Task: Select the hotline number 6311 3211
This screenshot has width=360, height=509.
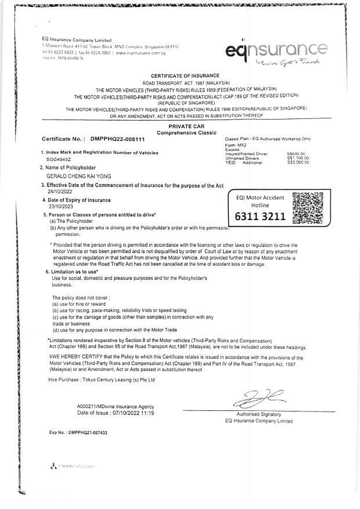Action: tap(260, 216)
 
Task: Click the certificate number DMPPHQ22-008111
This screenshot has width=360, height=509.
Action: tap(118, 139)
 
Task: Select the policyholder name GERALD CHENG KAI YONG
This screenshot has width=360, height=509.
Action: tap(78, 176)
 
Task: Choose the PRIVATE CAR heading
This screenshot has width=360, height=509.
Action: tap(185, 126)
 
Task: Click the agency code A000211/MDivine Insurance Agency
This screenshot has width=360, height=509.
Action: tap(116, 406)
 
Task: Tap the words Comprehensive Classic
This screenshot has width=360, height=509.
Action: tap(185, 133)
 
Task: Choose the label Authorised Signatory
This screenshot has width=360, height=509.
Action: tap(258, 414)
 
